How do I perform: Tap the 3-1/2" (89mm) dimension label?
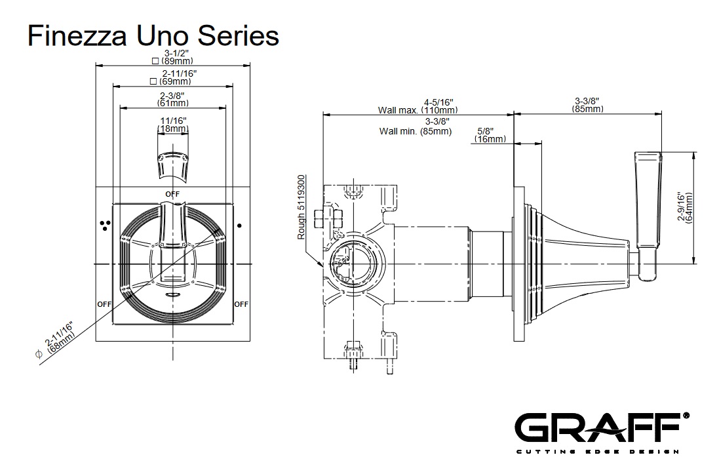tap(174, 57)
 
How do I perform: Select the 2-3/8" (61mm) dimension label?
tap(174, 100)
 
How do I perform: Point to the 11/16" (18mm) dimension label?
tap(174, 125)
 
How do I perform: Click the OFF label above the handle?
tap(172, 194)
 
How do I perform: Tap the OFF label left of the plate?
tap(104, 304)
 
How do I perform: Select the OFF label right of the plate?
tap(241, 304)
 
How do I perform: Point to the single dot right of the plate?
tap(239, 226)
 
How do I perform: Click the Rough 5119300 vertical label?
tap(302, 207)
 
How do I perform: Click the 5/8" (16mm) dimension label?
tap(490, 135)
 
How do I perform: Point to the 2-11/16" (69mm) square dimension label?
tap(174, 78)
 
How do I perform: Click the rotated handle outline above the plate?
tap(173, 164)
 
